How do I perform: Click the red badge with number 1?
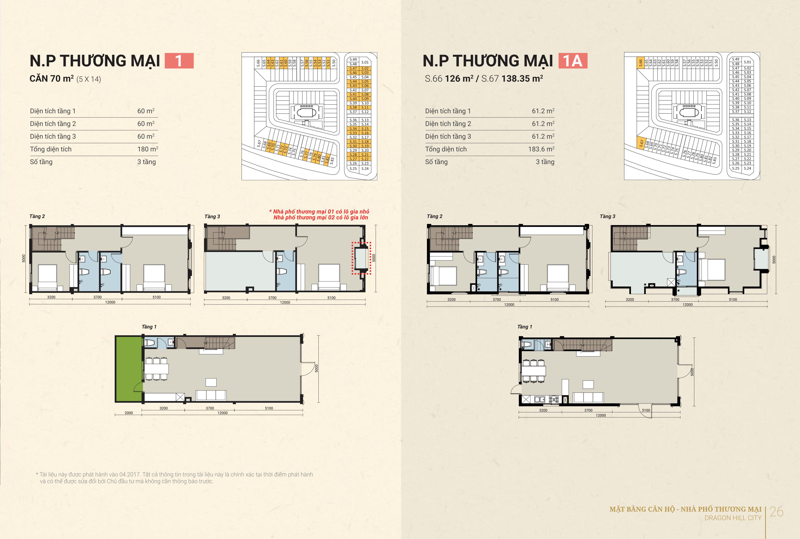coord(179,61)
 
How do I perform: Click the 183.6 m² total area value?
coord(541,149)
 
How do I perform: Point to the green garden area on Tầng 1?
coord(129,369)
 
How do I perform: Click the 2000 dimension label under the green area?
coord(129,413)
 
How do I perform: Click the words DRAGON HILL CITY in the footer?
coord(733,518)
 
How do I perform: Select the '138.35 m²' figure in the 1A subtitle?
coord(522,79)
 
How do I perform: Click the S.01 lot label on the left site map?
coord(365,62)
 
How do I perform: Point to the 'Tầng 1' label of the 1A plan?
coord(525,327)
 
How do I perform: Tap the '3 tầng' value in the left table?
coord(147,162)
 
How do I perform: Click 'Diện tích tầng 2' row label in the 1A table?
coord(448,124)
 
